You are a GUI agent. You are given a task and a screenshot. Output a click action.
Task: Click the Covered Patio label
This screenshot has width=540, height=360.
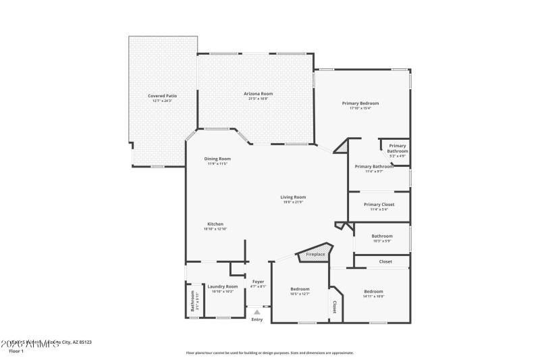163,96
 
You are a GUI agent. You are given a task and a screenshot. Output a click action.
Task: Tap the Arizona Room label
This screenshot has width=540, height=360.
259,93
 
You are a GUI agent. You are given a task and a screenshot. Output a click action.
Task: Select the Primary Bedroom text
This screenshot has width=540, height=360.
360,103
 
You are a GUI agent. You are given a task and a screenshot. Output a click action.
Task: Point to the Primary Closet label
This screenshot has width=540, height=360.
379,204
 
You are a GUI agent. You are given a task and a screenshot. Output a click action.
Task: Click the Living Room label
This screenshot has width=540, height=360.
293,197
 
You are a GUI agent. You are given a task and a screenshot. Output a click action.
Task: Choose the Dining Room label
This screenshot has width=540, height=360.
217,159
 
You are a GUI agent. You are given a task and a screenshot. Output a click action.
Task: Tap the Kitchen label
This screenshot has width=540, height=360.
215,224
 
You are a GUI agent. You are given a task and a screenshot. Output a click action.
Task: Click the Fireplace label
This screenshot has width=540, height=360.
315,255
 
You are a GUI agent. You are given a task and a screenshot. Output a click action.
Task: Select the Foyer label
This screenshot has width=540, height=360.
259,281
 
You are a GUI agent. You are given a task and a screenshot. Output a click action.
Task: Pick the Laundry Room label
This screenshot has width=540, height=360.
222,286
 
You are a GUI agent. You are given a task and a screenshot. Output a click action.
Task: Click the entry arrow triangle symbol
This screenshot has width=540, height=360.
257,312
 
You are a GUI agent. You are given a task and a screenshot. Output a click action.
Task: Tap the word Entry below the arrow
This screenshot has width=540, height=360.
257,319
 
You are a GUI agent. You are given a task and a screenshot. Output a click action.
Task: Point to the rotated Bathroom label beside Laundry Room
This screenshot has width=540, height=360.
192,300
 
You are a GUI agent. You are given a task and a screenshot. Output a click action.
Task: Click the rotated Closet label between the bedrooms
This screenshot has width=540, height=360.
335,307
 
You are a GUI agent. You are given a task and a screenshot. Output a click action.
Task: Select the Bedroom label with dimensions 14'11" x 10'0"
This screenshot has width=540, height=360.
373,291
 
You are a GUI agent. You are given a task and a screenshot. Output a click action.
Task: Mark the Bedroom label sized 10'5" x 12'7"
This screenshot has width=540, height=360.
300,288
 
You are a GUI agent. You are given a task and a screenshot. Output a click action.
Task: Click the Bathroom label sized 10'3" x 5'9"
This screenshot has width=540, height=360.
381,236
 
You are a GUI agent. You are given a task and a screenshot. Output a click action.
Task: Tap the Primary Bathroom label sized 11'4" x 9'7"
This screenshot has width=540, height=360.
374,166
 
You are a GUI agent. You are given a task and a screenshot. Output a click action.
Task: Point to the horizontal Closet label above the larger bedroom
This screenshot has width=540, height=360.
385,261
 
